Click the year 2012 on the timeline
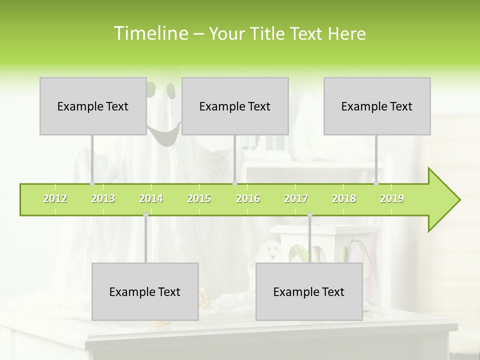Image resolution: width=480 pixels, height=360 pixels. pyautogui.click(x=55, y=198)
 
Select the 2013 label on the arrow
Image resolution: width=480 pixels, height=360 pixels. pyautogui.click(x=103, y=198)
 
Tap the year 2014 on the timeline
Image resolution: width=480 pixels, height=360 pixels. pyautogui.click(x=151, y=198)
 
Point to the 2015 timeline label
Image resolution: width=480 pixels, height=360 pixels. pyautogui.click(x=199, y=198)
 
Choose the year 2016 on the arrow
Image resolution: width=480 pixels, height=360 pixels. pyautogui.click(x=248, y=198)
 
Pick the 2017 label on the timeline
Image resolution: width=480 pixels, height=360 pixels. pyautogui.click(x=296, y=198)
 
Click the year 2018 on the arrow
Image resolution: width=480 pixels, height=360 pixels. pyautogui.click(x=344, y=198)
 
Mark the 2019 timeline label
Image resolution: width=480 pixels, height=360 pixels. pyautogui.click(x=392, y=198)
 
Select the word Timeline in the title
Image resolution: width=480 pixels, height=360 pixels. pyautogui.click(x=150, y=33)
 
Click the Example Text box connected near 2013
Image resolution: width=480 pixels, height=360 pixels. pyautogui.click(x=93, y=106)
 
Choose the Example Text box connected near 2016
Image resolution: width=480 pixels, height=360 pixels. pyautogui.click(x=235, y=106)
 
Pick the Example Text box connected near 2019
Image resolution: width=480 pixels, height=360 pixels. pyautogui.click(x=377, y=106)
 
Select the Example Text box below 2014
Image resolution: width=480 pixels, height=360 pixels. pyautogui.click(x=145, y=291)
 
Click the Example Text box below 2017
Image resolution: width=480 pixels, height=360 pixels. pyautogui.click(x=309, y=291)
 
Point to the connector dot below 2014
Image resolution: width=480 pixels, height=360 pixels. pyautogui.click(x=145, y=215)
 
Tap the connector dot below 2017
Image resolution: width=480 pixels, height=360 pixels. pyautogui.click(x=309, y=215)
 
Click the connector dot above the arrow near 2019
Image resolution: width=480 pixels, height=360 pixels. pyautogui.click(x=376, y=183)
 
